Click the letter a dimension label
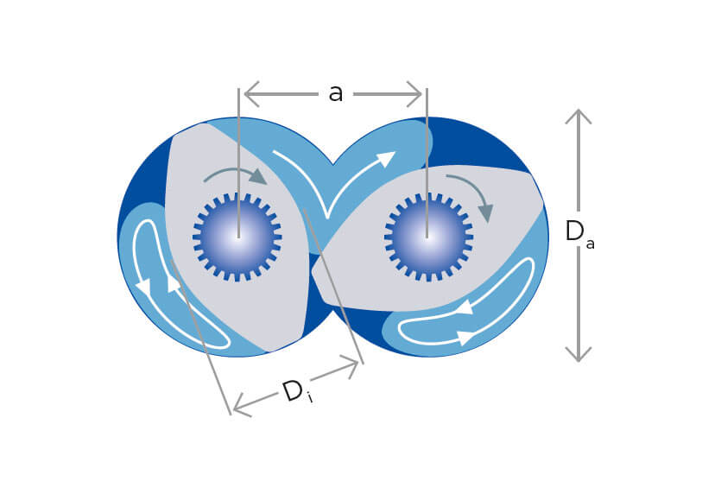coord(336,93)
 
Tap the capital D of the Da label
coord(574,231)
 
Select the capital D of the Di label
coord(293,391)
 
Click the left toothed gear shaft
coord(237,237)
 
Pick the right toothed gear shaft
coord(428,237)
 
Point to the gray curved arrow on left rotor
coord(236,174)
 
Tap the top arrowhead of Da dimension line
coord(578,117)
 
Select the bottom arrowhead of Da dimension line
coord(578,354)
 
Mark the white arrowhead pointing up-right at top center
coord(385,159)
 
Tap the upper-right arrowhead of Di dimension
coord(350,366)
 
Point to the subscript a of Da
coord(590,244)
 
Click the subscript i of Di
coord(311,398)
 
